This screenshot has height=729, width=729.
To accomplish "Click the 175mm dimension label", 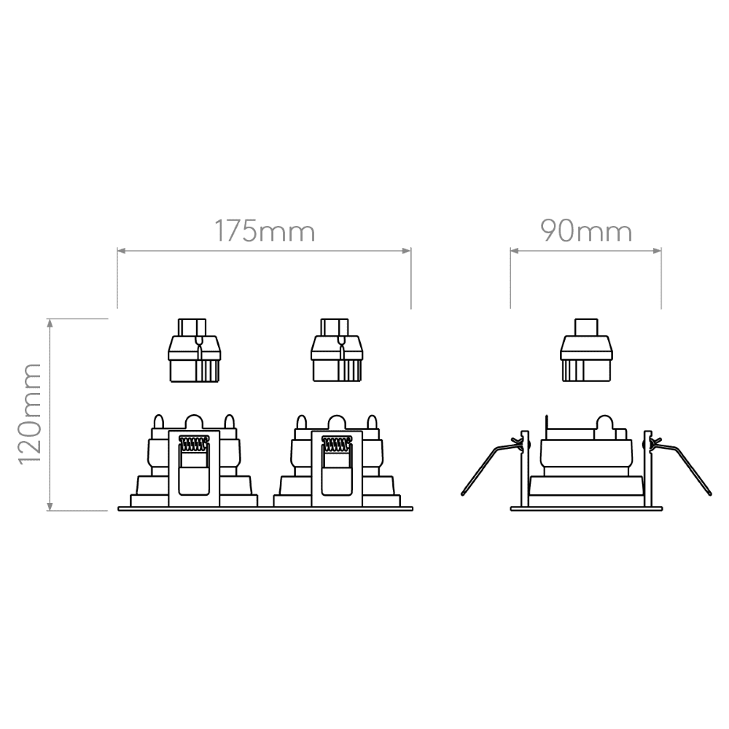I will click(264, 231).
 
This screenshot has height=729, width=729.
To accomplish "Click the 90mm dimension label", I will click(585, 231).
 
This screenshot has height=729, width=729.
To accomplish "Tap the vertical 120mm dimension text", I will click(29, 414).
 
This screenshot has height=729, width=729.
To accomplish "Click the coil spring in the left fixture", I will click(193, 443).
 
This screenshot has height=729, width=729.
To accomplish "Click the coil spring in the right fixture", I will click(336, 443).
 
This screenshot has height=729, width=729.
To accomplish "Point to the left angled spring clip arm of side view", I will click(488, 467).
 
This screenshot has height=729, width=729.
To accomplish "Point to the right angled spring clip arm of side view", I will click(685, 467).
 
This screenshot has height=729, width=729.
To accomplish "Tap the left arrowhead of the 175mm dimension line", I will click(122, 251).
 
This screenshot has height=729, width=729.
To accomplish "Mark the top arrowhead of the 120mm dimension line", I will click(50, 323).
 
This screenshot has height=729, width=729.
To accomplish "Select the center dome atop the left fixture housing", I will click(193, 422).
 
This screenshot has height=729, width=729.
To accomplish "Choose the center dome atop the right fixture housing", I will click(336, 422).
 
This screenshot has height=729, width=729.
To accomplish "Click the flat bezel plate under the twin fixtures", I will click(265, 509).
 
